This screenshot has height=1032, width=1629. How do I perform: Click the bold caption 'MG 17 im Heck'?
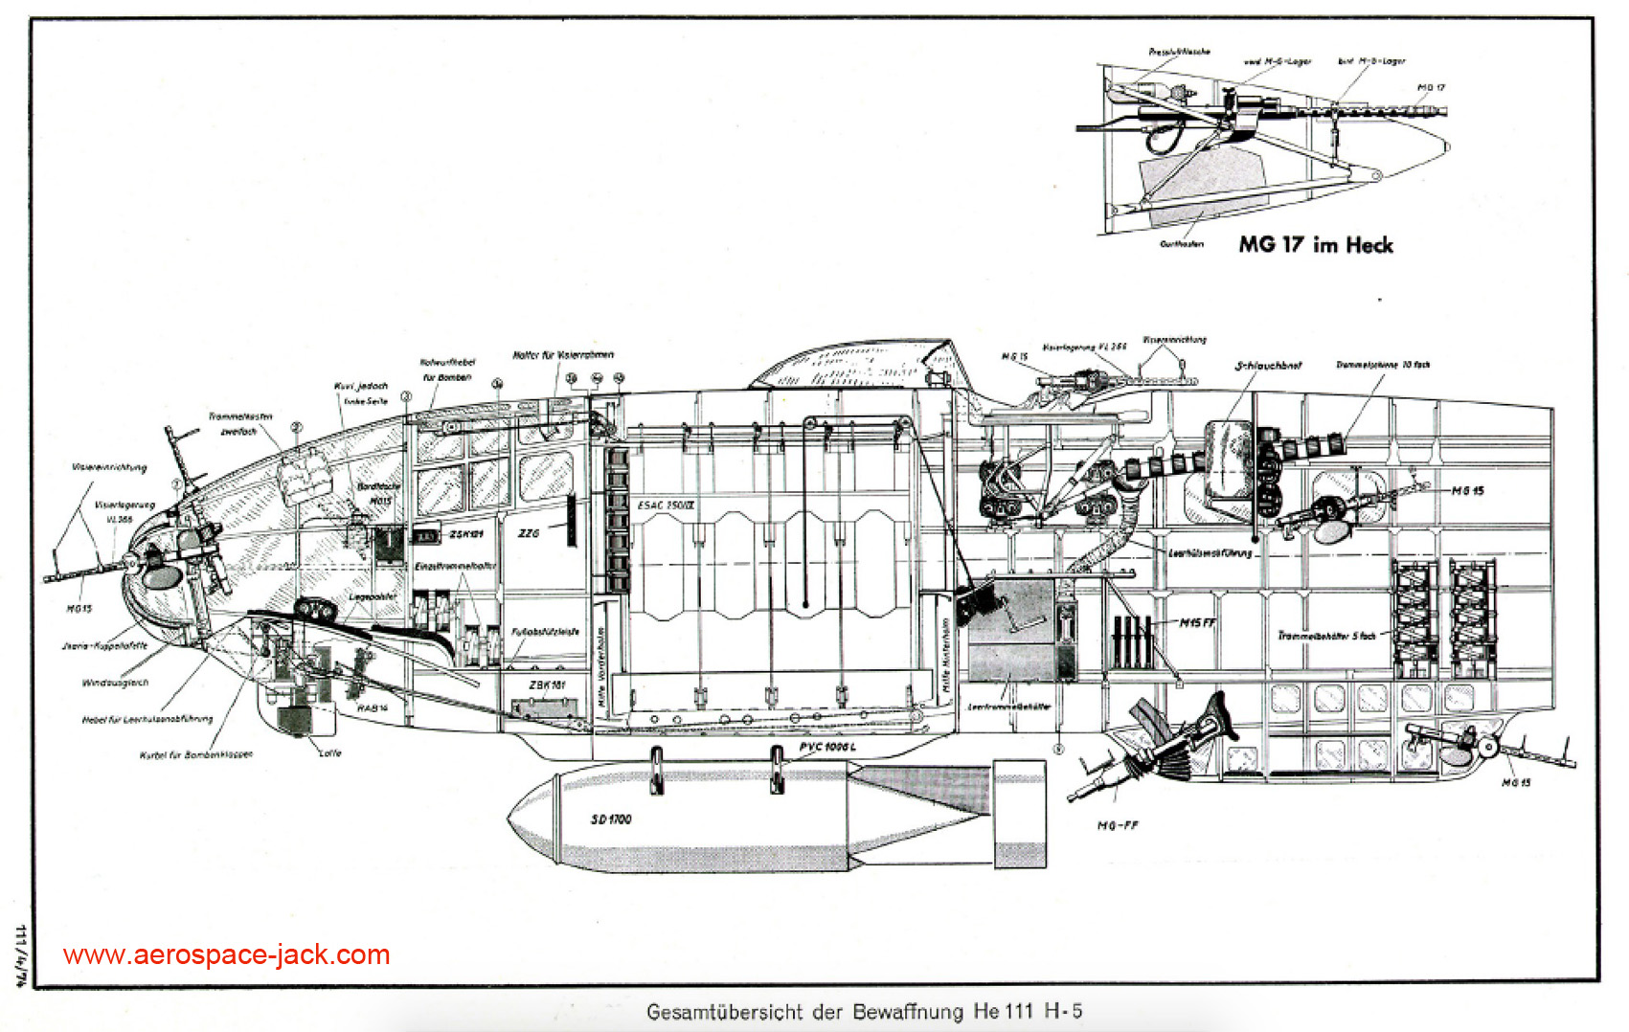click(x=1316, y=245)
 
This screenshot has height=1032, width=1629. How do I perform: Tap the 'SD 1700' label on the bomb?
click(x=611, y=819)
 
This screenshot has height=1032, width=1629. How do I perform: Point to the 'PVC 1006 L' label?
click(x=827, y=747)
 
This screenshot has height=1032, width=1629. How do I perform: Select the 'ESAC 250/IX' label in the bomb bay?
click(x=667, y=505)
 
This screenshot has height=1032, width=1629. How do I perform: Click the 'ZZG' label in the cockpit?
click(x=529, y=533)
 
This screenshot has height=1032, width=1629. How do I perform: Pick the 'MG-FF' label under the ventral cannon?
click(x=1118, y=825)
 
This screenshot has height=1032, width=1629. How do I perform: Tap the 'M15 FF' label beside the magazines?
click(x=1197, y=623)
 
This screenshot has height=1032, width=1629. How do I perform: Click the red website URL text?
click(x=227, y=954)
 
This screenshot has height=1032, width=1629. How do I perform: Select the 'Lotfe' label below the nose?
click(x=329, y=752)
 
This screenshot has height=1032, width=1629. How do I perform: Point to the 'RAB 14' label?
click(x=372, y=708)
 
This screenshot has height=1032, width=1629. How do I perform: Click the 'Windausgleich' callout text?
click(x=115, y=683)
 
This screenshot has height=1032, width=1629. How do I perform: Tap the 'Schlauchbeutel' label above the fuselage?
click(x=1269, y=366)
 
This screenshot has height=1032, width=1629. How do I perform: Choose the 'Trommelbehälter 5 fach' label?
click(x=1326, y=635)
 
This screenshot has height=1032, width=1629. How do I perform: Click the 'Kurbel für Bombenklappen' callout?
click(x=196, y=754)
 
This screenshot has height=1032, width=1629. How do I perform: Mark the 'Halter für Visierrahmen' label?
click(x=563, y=355)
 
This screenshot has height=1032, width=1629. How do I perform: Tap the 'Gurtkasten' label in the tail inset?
click(x=1182, y=244)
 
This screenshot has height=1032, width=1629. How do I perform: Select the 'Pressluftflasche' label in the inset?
click(x=1179, y=52)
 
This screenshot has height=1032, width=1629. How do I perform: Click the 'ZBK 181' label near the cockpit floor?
click(x=547, y=685)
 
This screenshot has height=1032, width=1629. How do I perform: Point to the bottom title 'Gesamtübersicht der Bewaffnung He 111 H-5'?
click(x=864, y=1012)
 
